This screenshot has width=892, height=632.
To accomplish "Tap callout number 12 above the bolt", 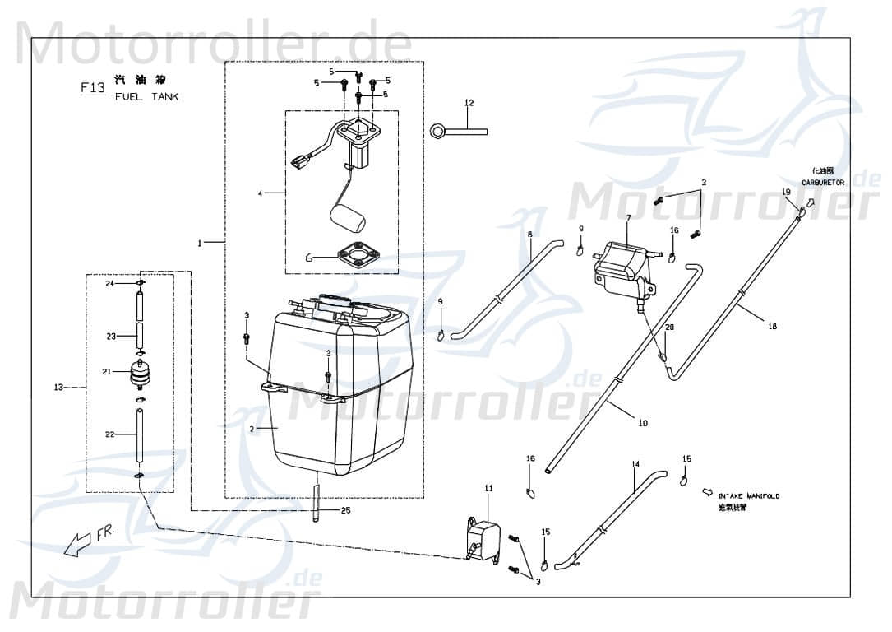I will click(x=469, y=104).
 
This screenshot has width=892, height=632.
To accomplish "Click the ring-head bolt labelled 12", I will click(x=457, y=130).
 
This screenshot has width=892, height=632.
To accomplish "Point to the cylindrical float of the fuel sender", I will click(x=346, y=217).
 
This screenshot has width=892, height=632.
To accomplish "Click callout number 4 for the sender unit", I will click(x=260, y=194).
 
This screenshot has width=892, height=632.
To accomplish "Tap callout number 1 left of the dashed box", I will click(x=200, y=243).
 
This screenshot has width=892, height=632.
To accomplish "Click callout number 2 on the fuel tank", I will click(x=252, y=430).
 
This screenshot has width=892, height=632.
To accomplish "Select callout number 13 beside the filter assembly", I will click(x=58, y=388).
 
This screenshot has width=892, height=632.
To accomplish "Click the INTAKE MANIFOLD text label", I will click(x=748, y=496).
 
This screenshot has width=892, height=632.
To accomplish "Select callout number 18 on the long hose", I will click(x=771, y=327).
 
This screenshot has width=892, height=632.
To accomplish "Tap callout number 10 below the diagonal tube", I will click(x=642, y=423).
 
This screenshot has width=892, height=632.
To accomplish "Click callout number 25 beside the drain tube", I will click(x=345, y=511).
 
